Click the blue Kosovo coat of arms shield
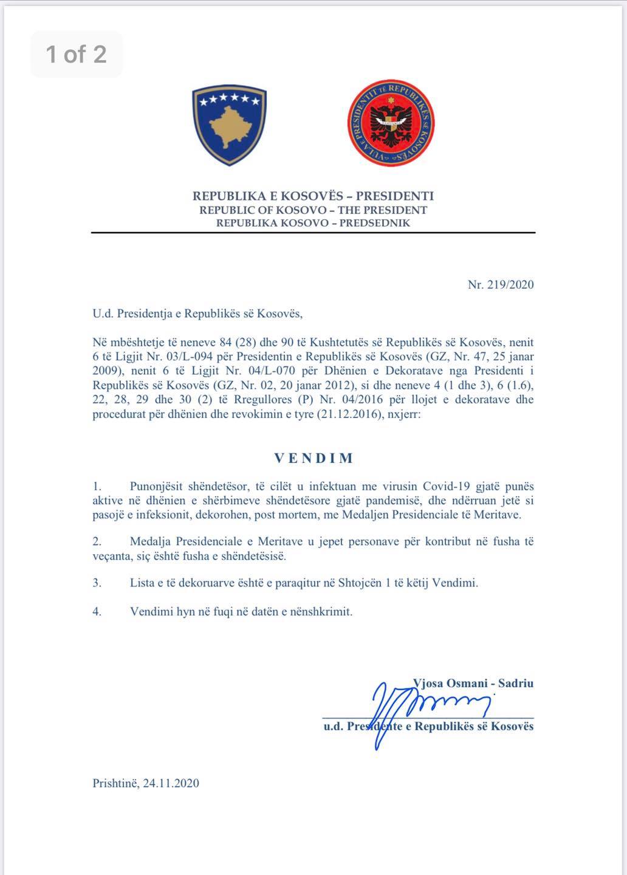click(x=230, y=126)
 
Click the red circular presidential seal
click(x=391, y=123)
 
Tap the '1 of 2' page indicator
click(x=77, y=55)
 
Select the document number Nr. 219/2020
click(x=501, y=284)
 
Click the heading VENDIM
click(x=313, y=458)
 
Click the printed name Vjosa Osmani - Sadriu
click(x=473, y=683)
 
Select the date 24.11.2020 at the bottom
click(x=171, y=783)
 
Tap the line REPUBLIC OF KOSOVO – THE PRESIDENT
click(x=313, y=210)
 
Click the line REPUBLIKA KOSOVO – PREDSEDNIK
click(x=313, y=223)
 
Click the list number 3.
click(x=97, y=583)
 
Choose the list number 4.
click(x=97, y=611)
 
